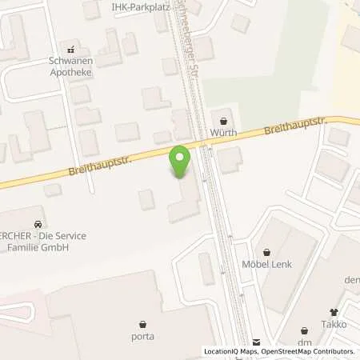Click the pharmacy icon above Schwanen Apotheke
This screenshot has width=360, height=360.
pyautogui.click(x=73, y=48)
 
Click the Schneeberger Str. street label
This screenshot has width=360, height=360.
pyautogui.click(x=190, y=24)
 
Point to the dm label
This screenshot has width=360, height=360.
pyautogui.click(x=304, y=342)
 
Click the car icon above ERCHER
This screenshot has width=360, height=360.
pyautogui.click(x=38, y=223)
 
